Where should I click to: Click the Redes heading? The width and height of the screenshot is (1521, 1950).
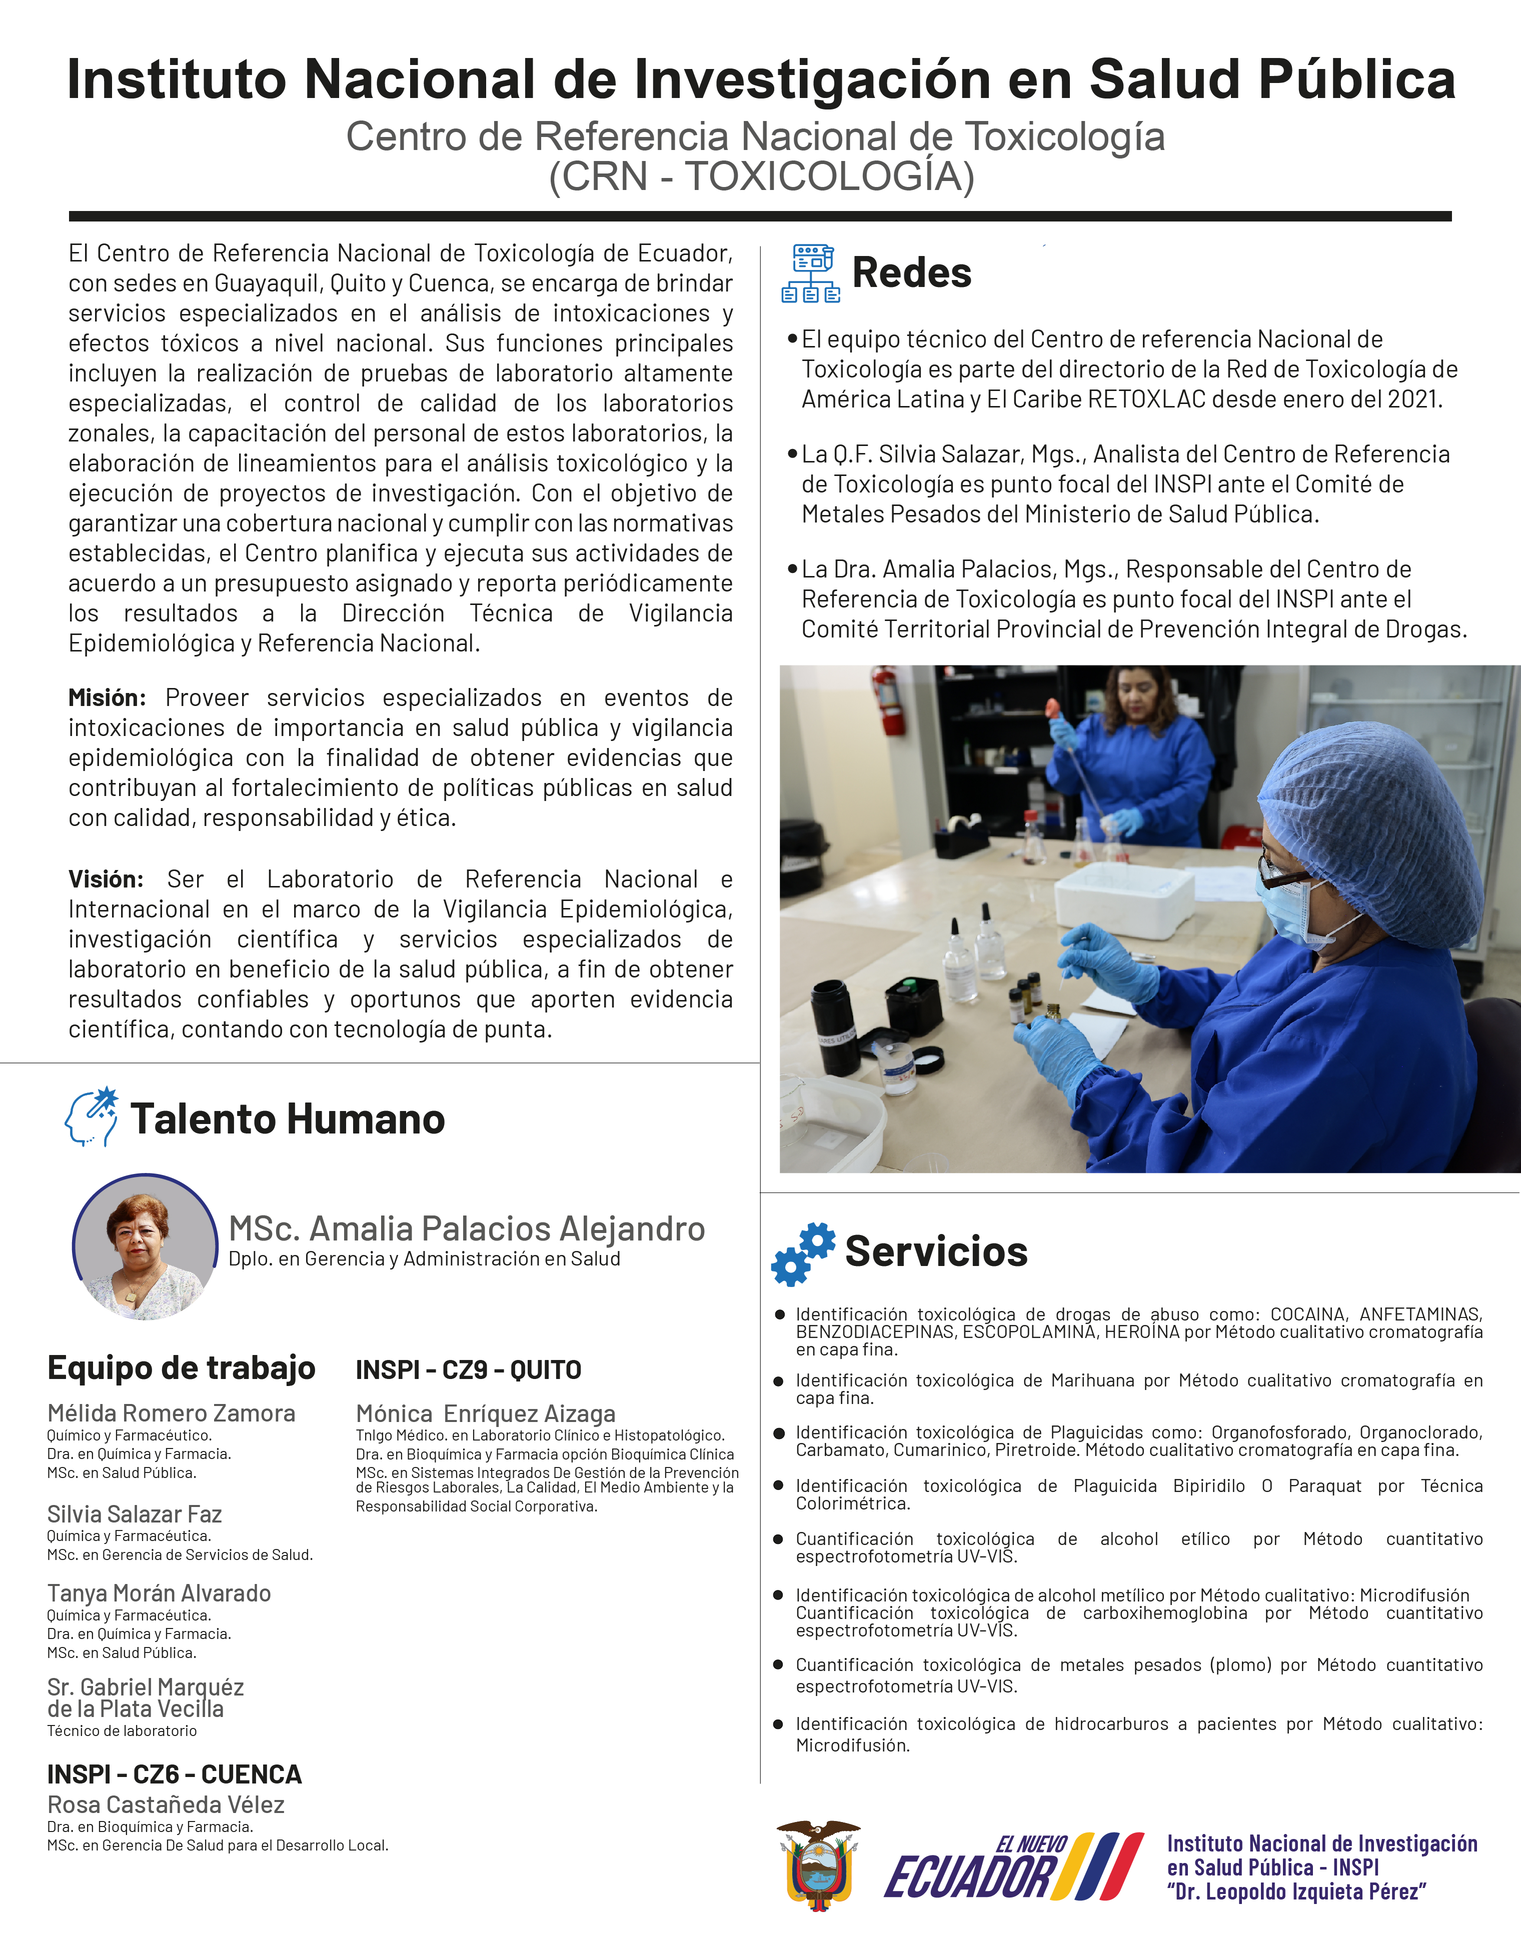point(911,273)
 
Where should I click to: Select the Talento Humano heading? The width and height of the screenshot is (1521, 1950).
point(288,1119)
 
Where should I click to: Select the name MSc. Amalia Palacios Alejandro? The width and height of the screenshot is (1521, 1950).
point(466,1229)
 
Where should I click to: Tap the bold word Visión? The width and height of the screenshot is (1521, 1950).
point(106,879)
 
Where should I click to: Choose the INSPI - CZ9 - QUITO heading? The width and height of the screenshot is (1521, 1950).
point(468,1369)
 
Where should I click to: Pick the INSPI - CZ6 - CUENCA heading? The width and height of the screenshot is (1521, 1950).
point(174,1774)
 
